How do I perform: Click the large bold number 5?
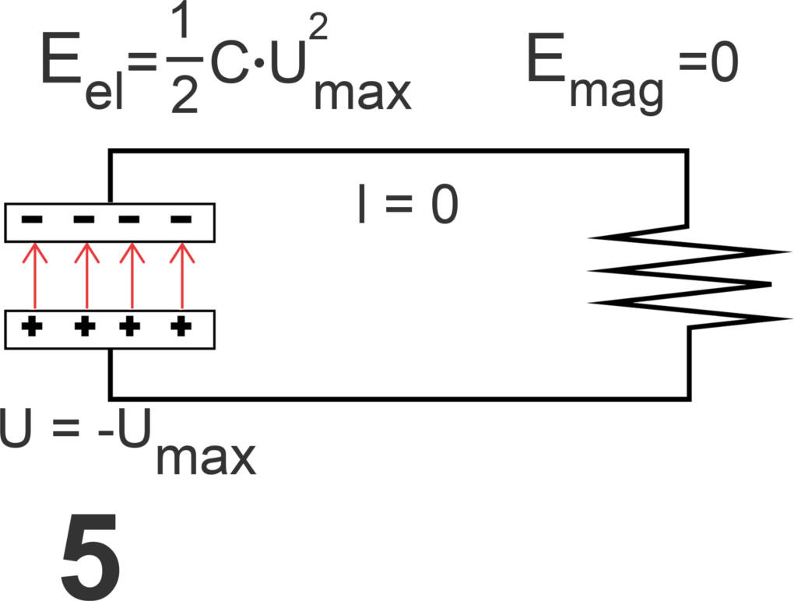90,554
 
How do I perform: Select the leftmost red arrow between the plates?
34,276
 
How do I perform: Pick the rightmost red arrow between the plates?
182,276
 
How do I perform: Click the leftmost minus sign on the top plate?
32,220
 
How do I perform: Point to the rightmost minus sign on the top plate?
181,220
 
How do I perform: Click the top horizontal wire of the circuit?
397,151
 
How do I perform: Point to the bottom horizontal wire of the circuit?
397,397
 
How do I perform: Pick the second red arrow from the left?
86,276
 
